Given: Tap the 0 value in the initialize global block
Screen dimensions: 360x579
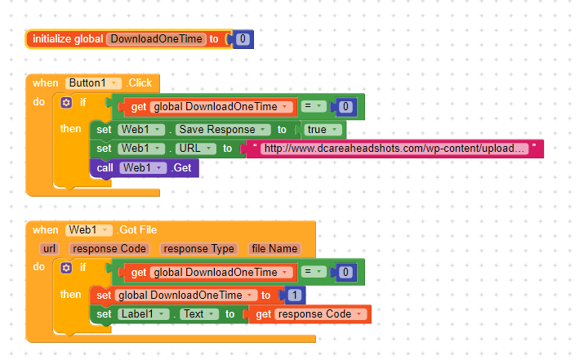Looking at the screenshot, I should coord(243,39).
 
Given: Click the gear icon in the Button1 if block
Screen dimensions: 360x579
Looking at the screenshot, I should coord(67,103).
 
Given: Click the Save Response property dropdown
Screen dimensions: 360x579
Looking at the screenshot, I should coord(222,129).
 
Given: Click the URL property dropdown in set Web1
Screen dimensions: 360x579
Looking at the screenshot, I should coord(195,149).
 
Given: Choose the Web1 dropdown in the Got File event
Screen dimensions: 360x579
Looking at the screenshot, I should coord(88,230).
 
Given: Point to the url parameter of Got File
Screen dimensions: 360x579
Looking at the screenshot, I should coord(48,248).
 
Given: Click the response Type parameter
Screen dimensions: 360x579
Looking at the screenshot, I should coord(198,248).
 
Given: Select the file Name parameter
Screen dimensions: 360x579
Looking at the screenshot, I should coord(274,248).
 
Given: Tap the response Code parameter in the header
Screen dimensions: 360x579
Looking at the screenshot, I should coord(109,248).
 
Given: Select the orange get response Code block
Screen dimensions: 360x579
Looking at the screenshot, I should coord(308,314).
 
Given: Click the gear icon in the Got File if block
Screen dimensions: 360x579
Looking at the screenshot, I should coord(67,267).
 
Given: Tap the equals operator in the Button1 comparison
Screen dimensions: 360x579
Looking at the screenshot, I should coord(314,107).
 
